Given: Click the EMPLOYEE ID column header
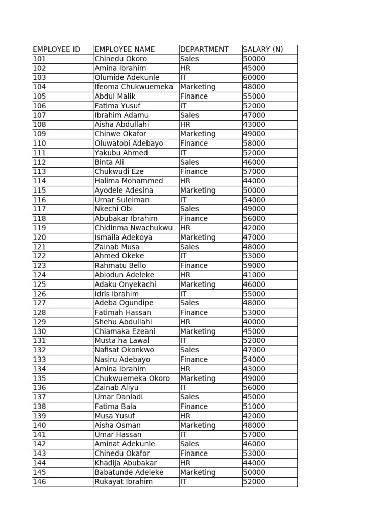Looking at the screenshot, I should point(56,50).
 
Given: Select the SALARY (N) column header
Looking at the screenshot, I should point(263,50).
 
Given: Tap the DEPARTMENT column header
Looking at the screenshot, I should point(204,50).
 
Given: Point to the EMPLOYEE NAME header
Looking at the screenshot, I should point(125,50).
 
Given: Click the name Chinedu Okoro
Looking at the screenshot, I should point(120,59).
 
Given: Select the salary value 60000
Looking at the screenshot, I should point(254,78).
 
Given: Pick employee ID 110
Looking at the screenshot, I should point(39,144).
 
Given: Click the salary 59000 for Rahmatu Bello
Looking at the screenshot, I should point(254,266).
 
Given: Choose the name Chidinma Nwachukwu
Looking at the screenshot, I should point(134,228).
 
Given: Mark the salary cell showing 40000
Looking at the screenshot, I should point(254,322).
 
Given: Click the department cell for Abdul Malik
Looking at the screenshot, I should point(194,97).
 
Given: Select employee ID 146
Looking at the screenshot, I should point(39,482).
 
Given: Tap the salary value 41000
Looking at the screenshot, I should point(254,275).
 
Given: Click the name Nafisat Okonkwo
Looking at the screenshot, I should point(124,350).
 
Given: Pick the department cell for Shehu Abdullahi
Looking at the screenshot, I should point(185,322).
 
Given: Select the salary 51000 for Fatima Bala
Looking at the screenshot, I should point(254,407).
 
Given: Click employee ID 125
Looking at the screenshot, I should point(39,284).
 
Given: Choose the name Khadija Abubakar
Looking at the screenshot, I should point(126,463).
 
